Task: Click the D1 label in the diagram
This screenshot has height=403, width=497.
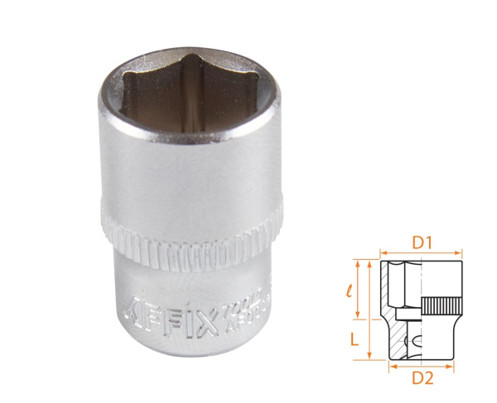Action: (x=420, y=244)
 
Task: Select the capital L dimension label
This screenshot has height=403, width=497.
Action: (x=354, y=339)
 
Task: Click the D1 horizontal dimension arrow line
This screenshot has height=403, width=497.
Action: (x=420, y=255)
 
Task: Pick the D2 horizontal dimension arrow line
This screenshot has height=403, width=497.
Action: (x=420, y=362)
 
